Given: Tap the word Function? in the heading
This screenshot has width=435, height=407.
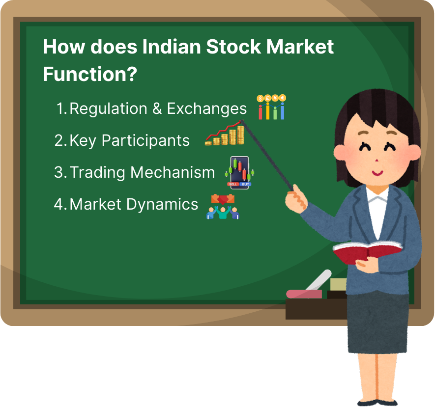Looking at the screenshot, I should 89,75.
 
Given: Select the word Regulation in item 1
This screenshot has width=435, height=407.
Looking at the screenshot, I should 108,109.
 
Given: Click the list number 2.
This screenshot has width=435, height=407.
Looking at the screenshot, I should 59,141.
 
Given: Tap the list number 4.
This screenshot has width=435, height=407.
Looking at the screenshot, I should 59,204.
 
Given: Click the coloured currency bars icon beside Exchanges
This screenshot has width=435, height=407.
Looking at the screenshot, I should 272,108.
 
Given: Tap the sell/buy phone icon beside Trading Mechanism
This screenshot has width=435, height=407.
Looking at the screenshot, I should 240,172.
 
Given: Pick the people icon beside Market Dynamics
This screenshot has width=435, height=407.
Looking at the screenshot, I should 223,207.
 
